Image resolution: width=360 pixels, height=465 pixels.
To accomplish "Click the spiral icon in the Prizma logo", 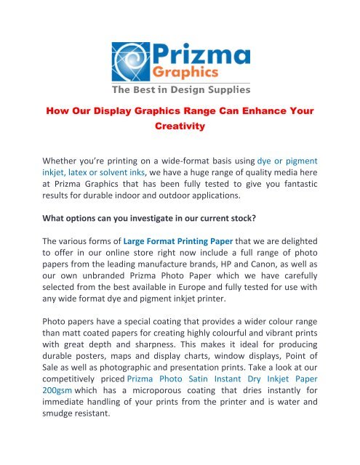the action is point(132,62).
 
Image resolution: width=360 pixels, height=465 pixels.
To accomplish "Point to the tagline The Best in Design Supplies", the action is point(180,90).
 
